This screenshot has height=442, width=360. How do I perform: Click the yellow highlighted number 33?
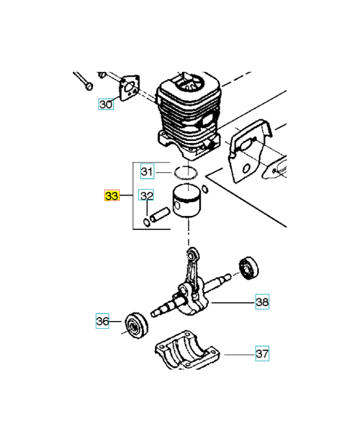coord(112,196)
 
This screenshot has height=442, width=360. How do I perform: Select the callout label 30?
coord(106,104)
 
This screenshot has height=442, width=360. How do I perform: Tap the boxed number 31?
coord(146,172)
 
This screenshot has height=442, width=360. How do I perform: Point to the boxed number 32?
coord(146,196)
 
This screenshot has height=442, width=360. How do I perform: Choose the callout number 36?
coord(103,321)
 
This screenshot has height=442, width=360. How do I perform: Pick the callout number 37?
coord(262,354)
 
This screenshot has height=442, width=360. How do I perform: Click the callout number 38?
coord(262,302)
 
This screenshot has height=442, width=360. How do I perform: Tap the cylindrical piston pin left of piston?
coord(160,215)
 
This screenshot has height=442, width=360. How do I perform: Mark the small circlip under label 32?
coord(147,222)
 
